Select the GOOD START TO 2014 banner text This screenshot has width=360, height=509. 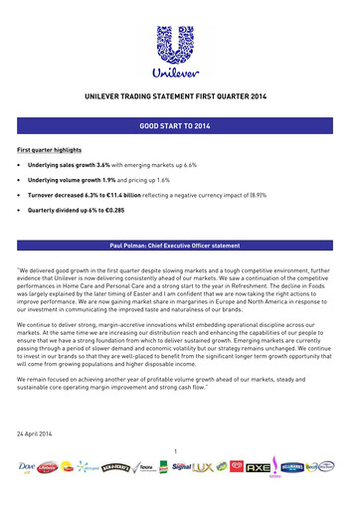[x=180, y=129]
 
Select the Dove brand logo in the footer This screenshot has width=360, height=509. [x=31, y=466]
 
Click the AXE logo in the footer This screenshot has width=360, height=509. [x=258, y=465]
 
